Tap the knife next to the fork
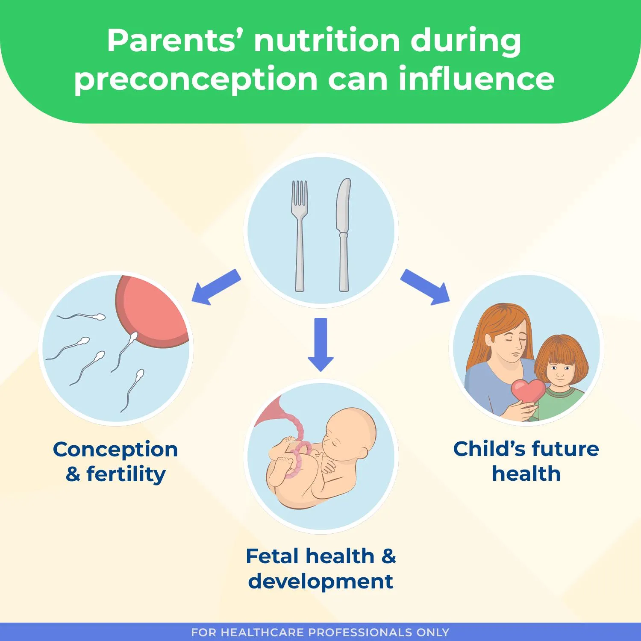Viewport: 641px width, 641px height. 343,235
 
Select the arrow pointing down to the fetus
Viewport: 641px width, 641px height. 320,344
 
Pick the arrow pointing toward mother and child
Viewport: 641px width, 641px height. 425,287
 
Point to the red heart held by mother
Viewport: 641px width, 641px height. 528,391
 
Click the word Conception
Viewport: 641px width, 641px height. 115,450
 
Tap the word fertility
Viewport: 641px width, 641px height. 126,474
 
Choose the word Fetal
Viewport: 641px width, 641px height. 272,556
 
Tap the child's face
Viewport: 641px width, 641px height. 560,370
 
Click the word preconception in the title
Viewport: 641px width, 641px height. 196,79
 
